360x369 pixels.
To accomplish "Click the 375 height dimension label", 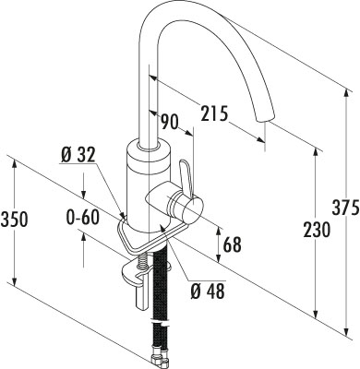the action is click(x=345, y=208).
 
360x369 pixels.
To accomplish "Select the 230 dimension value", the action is click(x=317, y=230).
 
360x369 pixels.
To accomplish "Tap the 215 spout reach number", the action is click(x=214, y=113).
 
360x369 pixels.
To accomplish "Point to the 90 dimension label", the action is click(x=170, y=122).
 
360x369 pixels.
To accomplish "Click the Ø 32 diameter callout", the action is click(x=78, y=155).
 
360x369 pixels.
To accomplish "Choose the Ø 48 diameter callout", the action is click(x=208, y=291).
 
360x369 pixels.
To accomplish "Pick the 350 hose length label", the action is click(x=15, y=220).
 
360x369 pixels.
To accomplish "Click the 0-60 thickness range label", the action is click(x=83, y=218).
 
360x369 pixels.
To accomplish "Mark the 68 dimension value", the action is click(x=233, y=244).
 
